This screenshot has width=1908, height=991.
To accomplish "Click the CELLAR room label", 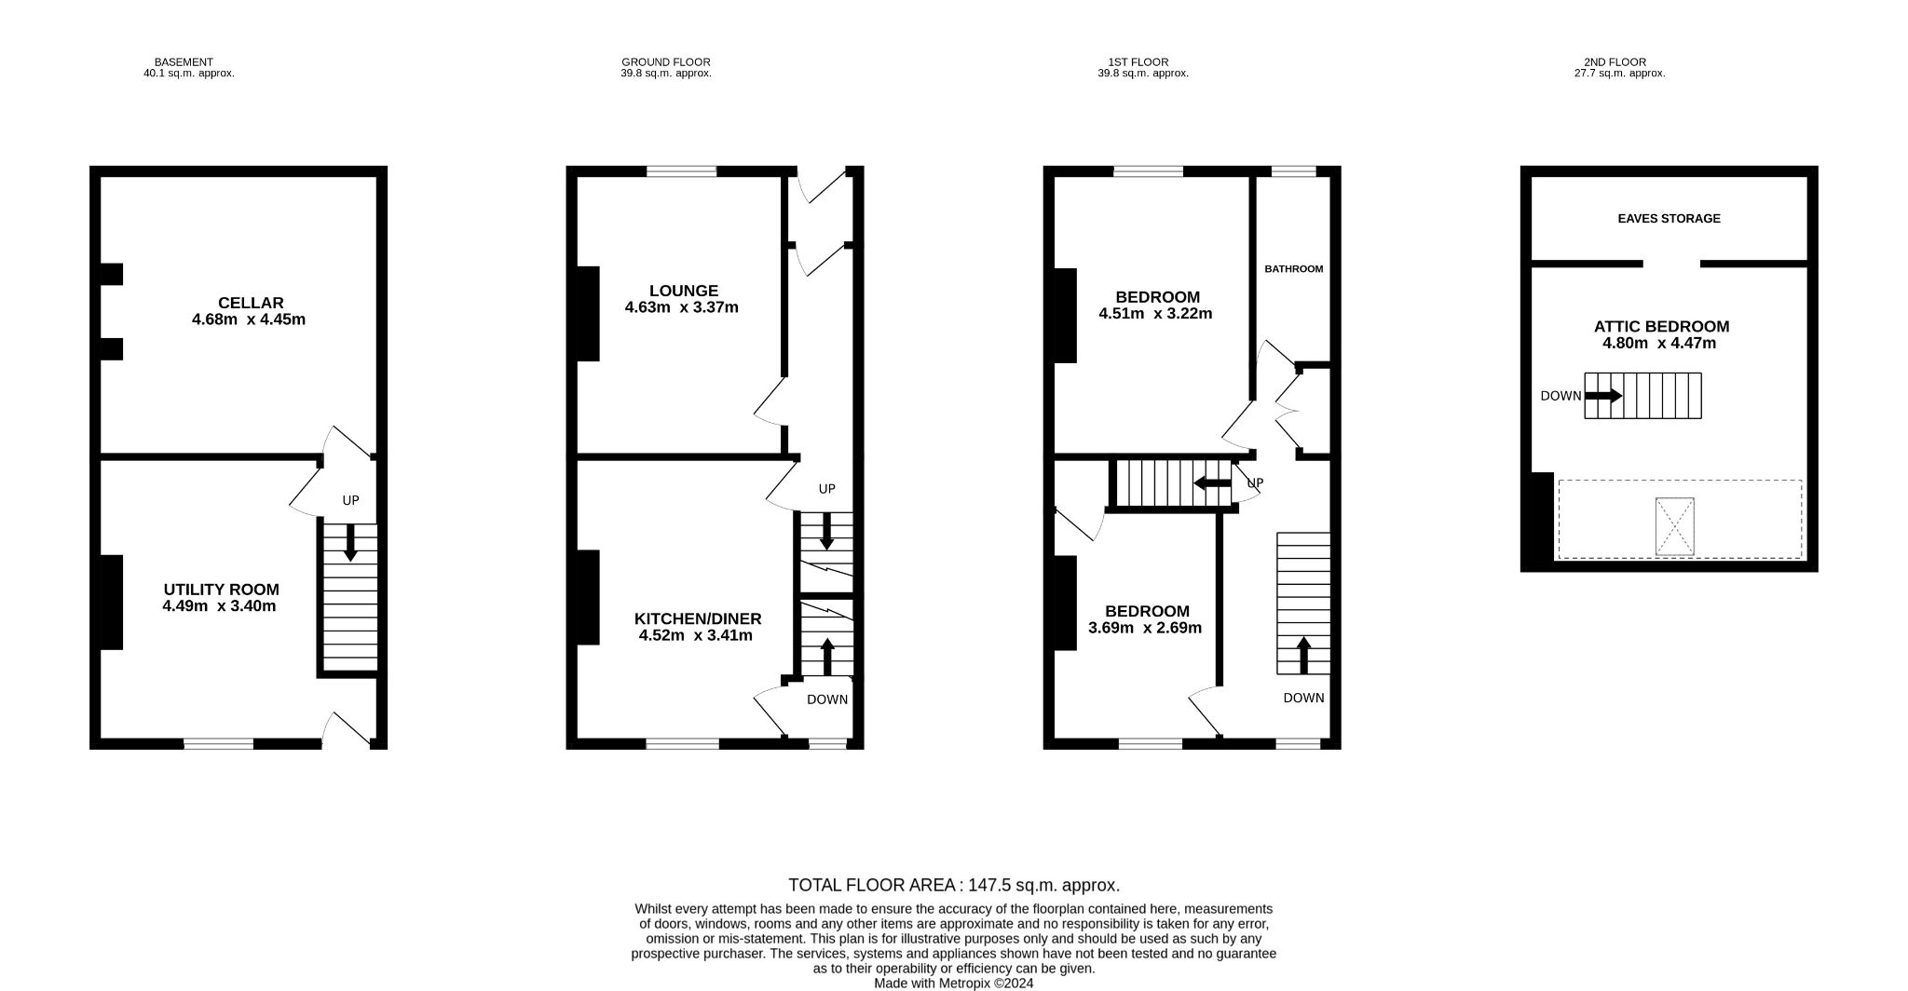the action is pyautogui.click(x=251, y=303).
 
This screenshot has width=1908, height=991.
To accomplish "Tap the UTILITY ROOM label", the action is pyautogui.click(x=222, y=590).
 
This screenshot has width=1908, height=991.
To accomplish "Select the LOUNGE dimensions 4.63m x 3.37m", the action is pyautogui.click(x=681, y=307).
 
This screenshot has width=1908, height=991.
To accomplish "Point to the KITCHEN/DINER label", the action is pyautogui.click(x=698, y=619).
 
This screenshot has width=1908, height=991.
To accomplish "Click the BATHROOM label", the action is pyautogui.click(x=1293, y=269).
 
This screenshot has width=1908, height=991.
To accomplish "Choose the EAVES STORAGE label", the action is pyautogui.click(x=1669, y=219).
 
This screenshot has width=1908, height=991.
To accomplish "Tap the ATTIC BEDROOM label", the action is pyautogui.click(x=1661, y=327).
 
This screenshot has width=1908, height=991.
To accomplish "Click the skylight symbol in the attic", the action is pyautogui.click(x=1674, y=526).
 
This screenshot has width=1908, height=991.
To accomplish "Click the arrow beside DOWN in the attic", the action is pyautogui.click(x=1603, y=396).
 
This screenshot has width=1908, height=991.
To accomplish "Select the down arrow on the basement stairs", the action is pyautogui.click(x=350, y=543).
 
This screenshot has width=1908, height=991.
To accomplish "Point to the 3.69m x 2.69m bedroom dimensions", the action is pyautogui.click(x=1145, y=628).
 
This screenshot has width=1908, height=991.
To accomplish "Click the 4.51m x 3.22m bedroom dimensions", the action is pyautogui.click(x=1155, y=314).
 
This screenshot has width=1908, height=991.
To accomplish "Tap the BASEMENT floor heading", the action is pyautogui.click(x=184, y=62).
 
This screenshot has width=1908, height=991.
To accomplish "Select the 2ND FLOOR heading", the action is pyautogui.click(x=1615, y=62).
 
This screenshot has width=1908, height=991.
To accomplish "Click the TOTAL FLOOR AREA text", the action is pyautogui.click(x=954, y=885).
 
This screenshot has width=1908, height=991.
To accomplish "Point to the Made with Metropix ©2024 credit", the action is pyautogui.click(x=953, y=983).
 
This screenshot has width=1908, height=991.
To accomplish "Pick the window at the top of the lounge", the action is pyautogui.click(x=682, y=171).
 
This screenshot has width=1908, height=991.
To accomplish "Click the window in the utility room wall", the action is pyautogui.click(x=219, y=743).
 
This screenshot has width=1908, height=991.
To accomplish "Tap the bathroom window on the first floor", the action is pyautogui.click(x=1294, y=171).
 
